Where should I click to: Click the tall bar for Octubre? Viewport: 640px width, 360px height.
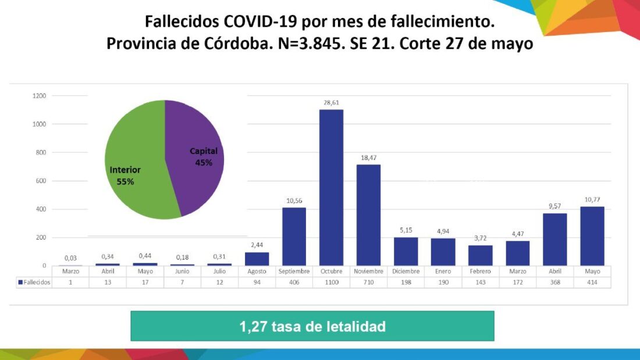[x=331, y=187]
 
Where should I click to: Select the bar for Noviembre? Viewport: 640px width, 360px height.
[x=368, y=215]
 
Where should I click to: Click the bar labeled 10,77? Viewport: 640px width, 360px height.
[x=592, y=236]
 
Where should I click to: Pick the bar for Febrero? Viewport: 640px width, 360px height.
[x=480, y=255]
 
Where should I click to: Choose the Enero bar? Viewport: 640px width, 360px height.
[x=443, y=252]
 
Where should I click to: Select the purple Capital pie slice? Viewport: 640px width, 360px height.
[x=195, y=157]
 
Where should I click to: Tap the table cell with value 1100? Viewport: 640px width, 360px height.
[x=331, y=282]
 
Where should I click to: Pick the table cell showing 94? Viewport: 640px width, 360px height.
[x=257, y=282]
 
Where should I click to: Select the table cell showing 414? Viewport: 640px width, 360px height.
[x=592, y=282]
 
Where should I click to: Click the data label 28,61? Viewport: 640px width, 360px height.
[x=331, y=102]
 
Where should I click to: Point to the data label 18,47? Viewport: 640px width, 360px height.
[x=368, y=158]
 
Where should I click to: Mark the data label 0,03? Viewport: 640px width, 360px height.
[x=70, y=258]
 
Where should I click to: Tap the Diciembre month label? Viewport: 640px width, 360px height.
[x=406, y=272]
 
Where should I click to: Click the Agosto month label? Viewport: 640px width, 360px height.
[x=257, y=272]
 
